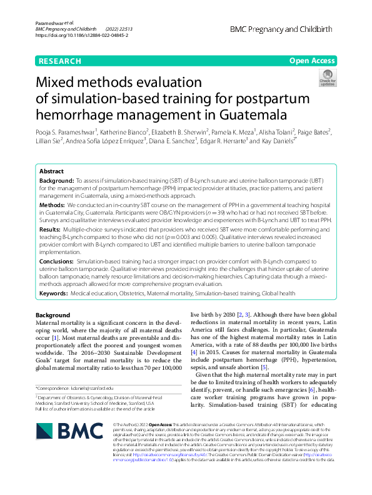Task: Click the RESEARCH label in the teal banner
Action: point(59,61)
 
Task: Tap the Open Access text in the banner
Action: point(312,61)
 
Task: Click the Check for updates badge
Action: point(327,78)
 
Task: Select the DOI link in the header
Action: point(82,36)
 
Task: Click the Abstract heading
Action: point(51,171)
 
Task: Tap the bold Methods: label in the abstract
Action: point(52,205)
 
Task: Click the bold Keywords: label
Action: point(54,293)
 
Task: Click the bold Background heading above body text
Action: point(53,314)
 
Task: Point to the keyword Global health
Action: point(279,293)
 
